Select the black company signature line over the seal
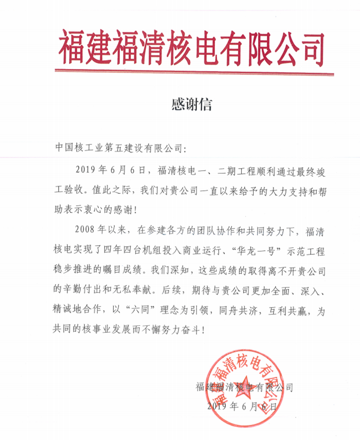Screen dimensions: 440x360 tap(245, 387)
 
